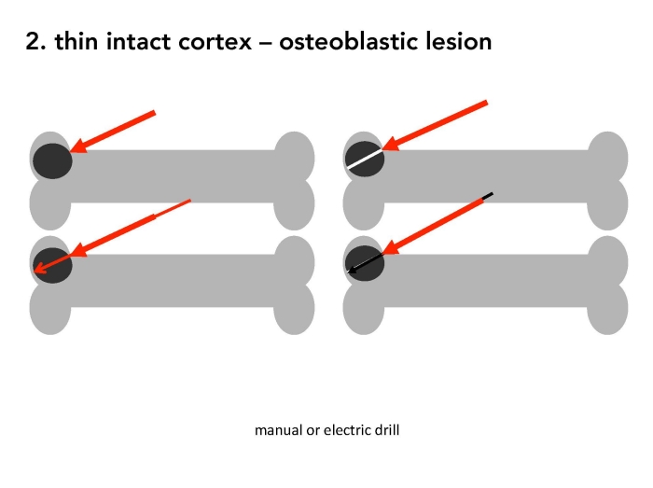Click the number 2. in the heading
click(x=35, y=42)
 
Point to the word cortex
click(x=215, y=42)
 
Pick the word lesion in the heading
click(x=459, y=41)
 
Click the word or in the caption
click(x=313, y=431)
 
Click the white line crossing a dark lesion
click(x=365, y=160)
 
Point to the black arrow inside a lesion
click(x=365, y=263)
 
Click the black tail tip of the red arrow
click(x=488, y=195)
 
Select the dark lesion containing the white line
click(x=365, y=159)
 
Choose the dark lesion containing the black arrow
click(x=365, y=263)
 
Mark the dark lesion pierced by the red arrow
click(x=52, y=266)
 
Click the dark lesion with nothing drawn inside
click(x=52, y=161)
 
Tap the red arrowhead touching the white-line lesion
click(x=389, y=144)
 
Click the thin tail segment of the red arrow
click(x=173, y=208)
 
